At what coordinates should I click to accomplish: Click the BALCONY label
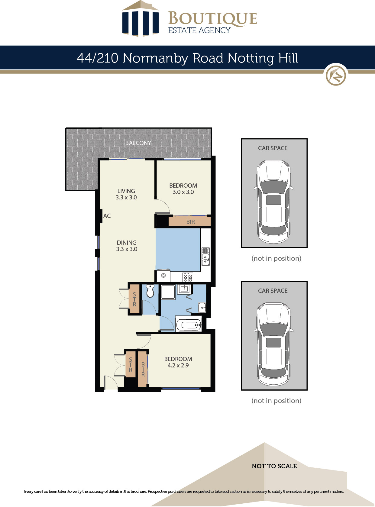(x=138, y=143)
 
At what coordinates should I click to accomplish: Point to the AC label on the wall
(x=107, y=216)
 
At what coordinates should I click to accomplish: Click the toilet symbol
(x=150, y=291)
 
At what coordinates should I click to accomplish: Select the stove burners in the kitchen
(x=187, y=277)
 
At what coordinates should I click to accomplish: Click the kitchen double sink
(x=205, y=257)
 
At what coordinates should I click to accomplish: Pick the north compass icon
(x=336, y=75)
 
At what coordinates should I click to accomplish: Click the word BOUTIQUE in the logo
(x=213, y=18)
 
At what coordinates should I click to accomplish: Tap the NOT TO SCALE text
(x=274, y=466)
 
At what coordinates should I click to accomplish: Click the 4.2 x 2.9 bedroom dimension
(x=178, y=365)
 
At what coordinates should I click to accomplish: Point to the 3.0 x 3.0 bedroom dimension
(x=183, y=192)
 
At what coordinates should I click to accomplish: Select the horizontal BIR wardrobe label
(x=190, y=222)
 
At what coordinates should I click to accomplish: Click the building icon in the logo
(x=141, y=18)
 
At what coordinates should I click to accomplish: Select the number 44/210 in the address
(x=97, y=58)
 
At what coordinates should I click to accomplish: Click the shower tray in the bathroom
(x=168, y=292)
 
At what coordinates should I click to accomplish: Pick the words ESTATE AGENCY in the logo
(x=199, y=30)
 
